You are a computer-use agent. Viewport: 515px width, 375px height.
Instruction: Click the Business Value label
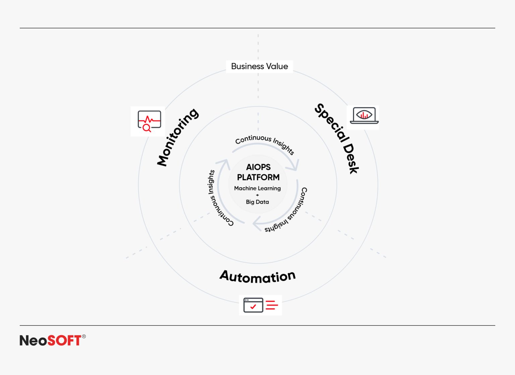tap(259, 66)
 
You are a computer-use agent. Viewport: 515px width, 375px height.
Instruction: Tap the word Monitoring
tap(178, 137)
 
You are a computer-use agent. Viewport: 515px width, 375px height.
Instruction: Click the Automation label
tap(257, 277)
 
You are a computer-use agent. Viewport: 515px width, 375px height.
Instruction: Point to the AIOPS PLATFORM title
tap(258, 172)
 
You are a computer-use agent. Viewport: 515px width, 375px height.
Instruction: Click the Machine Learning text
tap(257, 189)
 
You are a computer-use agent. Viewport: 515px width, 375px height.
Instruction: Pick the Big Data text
tap(257, 202)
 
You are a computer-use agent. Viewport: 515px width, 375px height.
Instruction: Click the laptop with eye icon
tap(364, 116)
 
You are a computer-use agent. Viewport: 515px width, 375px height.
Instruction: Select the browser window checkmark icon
tap(253, 305)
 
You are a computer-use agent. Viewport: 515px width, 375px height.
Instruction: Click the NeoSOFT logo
tap(50, 341)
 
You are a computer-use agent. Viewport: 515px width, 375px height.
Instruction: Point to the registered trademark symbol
tap(84, 336)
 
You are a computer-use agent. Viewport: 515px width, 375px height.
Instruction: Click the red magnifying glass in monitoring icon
tap(147, 128)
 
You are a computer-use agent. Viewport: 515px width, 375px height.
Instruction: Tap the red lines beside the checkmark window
tap(272, 305)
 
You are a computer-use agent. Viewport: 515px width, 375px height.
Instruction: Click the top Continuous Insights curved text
tap(265, 143)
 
